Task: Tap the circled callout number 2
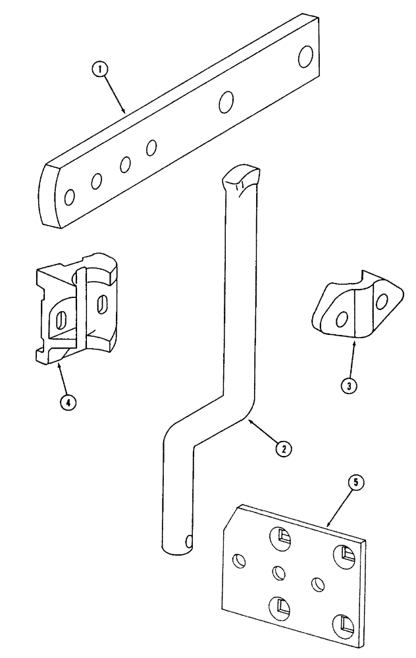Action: click(283, 449)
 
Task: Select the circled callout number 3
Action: click(350, 385)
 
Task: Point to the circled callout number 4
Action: click(66, 402)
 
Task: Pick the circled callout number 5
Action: click(355, 483)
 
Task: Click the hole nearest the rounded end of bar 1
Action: click(70, 195)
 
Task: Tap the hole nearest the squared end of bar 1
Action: click(305, 56)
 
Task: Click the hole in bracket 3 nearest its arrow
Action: click(341, 320)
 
